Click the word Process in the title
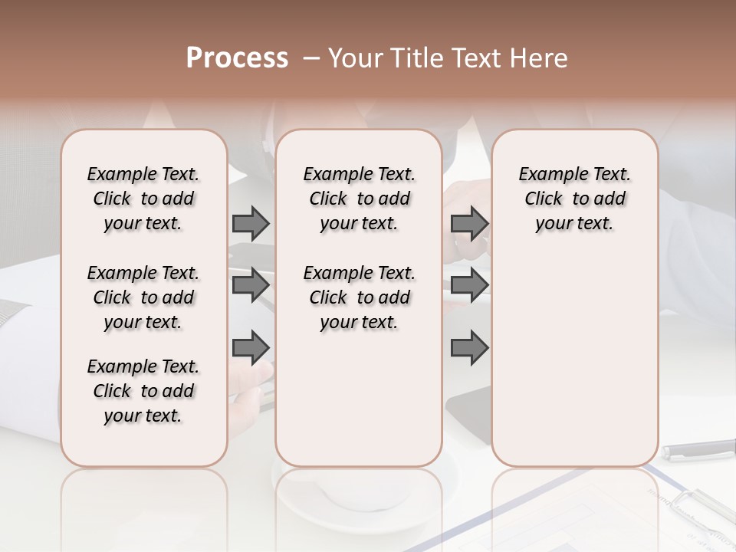pos(237,58)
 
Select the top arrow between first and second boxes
pos(251,223)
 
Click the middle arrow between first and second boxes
pos(251,285)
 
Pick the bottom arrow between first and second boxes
pos(251,347)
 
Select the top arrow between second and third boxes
pos(469,223)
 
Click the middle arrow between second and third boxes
pos(469,285)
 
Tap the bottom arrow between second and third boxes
pos(469,347)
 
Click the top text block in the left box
pos(143,199)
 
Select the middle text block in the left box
pos(143,297)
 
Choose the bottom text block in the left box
pos(143,391)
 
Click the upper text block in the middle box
pos(360,199)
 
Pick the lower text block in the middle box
pos(360,297)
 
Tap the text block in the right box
pos(575,199)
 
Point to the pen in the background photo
pos(698,450)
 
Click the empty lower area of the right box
pos(575,360)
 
